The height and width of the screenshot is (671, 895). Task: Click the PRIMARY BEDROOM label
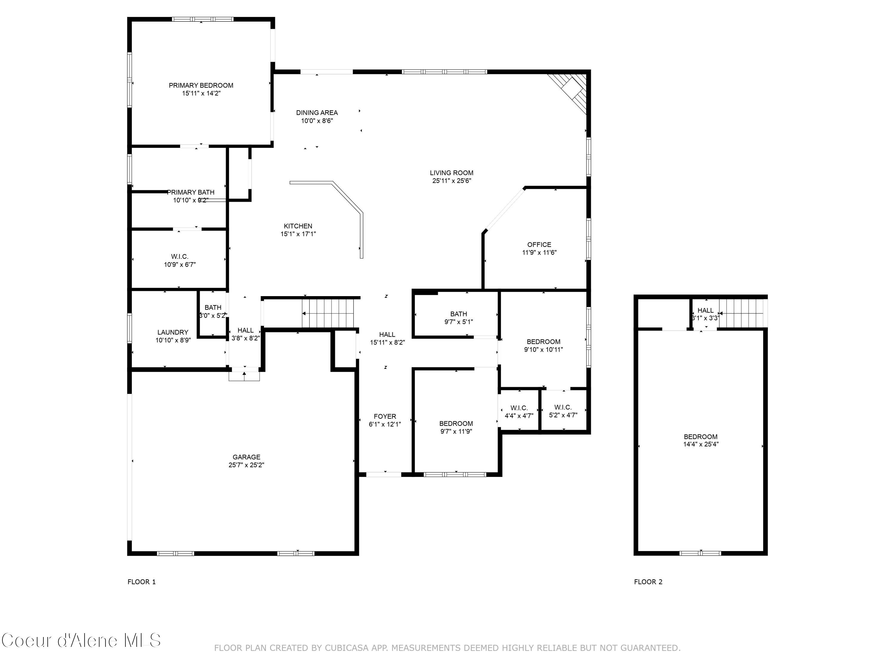[x=201, y=85]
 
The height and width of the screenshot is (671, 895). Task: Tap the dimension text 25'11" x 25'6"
[x=452, y=181]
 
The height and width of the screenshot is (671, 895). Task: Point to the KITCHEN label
[x=298, y=226]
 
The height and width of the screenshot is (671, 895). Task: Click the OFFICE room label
[x=539, y=245]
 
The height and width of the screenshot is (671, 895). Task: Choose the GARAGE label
[x=246, y=457]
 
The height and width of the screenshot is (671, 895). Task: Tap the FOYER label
[x=385, y=416]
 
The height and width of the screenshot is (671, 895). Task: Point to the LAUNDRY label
[x=173, y=332]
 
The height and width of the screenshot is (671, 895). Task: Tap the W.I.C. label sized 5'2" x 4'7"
[x=563, y=407]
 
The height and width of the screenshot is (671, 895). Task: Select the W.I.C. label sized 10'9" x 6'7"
[x=179, y=257]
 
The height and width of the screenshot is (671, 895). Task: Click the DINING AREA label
[x=317, y=113]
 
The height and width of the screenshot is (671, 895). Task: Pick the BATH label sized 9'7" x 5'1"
[x=459, y=314]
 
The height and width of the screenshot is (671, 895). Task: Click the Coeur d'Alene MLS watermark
[x=81, y=640]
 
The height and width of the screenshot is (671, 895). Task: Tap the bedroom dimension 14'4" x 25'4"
[x=701, y=444]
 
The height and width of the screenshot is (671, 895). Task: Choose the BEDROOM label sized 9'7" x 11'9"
[x=456, y=423]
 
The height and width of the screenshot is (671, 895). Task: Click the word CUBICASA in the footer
[x=347, y=648]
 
